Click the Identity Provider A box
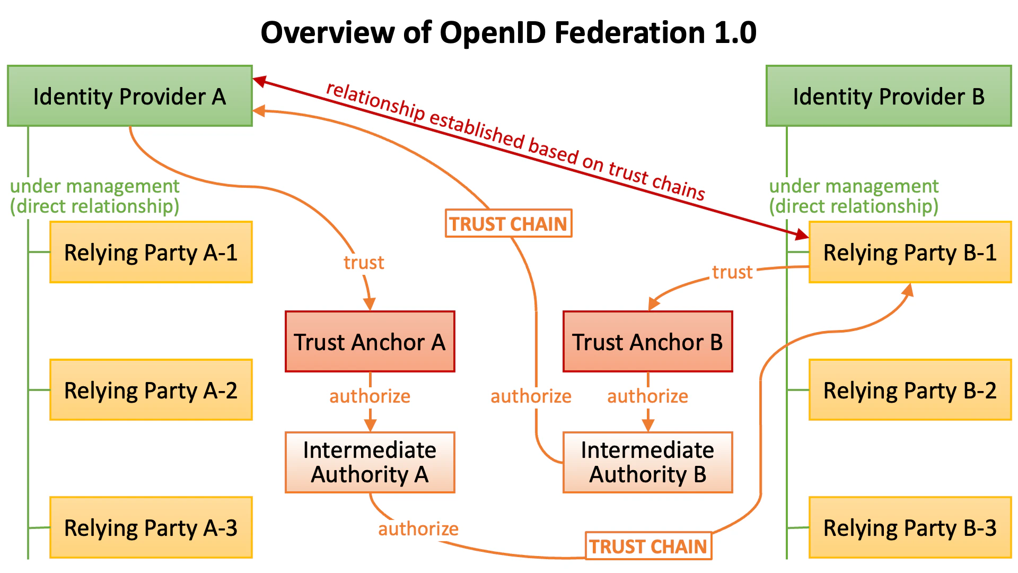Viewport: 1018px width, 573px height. pyautogui.click(x=130, y=96)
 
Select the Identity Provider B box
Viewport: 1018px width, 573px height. pyautogui.click(x=889, y=96)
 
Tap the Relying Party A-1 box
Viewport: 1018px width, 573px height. pyautogui.click(x=151, y=253)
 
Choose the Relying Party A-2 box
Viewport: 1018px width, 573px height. pyautogui.click(x=151, y=390)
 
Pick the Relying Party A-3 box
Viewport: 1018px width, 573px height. pyautogui.click(x=151, y=528)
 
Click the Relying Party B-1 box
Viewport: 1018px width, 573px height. pyautogui.click(x=910, y=253)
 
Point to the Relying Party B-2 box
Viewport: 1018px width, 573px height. pyautogui.click(x=910, y=390)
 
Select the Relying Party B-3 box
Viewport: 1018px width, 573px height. pyautogui.click(x=910, y=528)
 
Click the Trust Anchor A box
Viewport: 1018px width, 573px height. pyautogui.click(x=370, y=342)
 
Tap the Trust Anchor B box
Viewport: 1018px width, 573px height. pyautogui.click(x=647, y=342)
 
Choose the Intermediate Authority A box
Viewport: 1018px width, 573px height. pyautogui.click(x=370, y=462)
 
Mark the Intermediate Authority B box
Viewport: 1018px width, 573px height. pyautogui.click(x=647, y=462)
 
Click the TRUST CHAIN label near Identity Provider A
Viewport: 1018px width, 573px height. pyautogui.click(x=508, y=223)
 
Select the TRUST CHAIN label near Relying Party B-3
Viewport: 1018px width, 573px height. pyautogui.click(x=648, y=546)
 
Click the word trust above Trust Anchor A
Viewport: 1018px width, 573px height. pyautogui.click(x=364, y=263)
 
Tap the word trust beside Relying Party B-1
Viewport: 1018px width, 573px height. pyautogui.click(x=732, y=272)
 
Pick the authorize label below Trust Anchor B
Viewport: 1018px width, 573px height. pyautogui.click(x=647, y=396)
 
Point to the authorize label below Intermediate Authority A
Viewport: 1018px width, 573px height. pyautogui.click(x=418, y=529)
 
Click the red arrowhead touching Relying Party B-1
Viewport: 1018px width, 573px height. pyautogui.click(x=801, y=234)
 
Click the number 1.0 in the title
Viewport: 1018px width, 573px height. pyautogui.click(x=735, y=33)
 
